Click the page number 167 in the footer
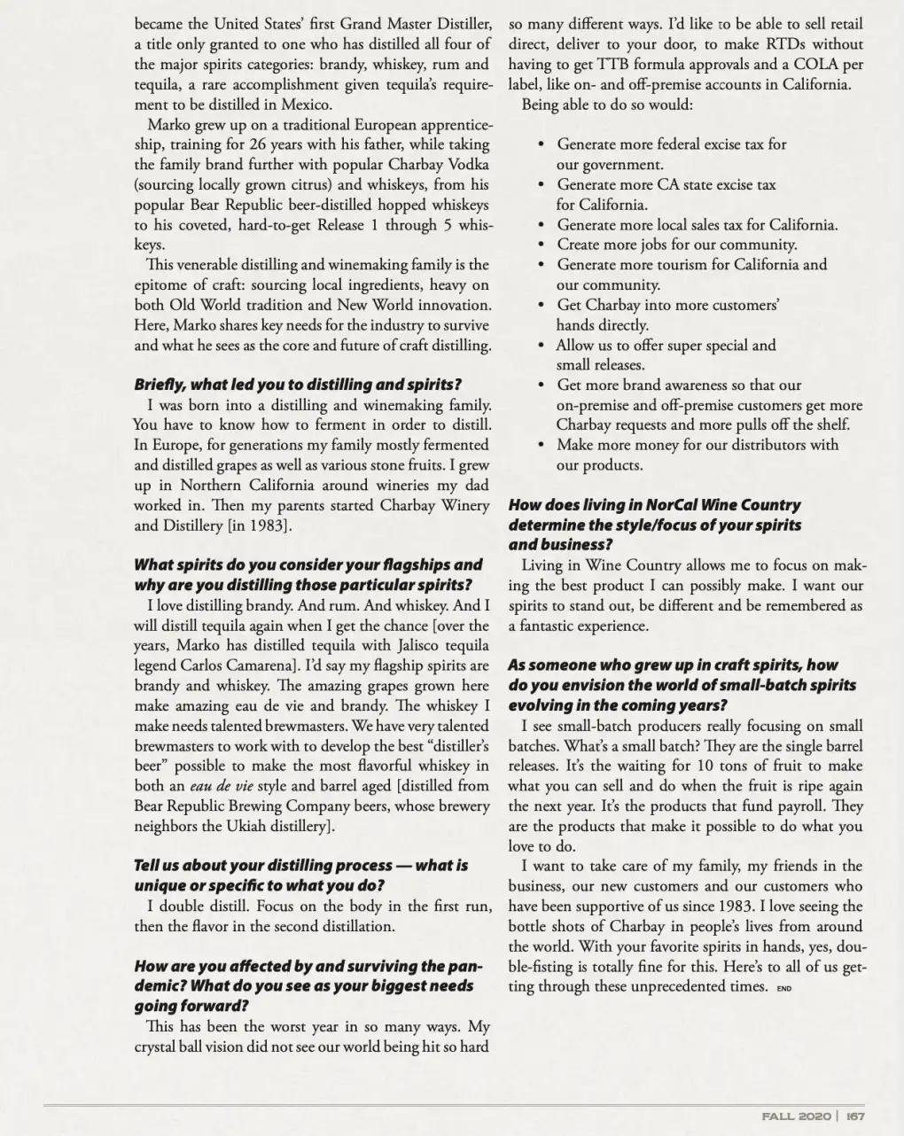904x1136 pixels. tap(854, 1117)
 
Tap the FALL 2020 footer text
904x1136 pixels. tap(795, 1117)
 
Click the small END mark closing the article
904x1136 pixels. tap(783, 989)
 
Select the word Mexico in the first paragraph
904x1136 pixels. tap(282, 104)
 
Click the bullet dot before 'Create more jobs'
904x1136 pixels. tap(541, 245)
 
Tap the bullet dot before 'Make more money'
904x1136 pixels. tap(541, 445)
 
